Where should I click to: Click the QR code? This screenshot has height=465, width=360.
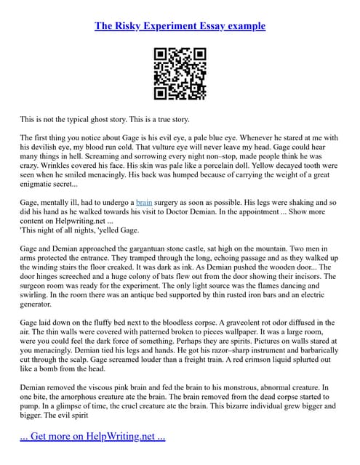coord(180,73)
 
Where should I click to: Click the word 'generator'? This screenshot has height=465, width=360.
coord(40,307)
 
